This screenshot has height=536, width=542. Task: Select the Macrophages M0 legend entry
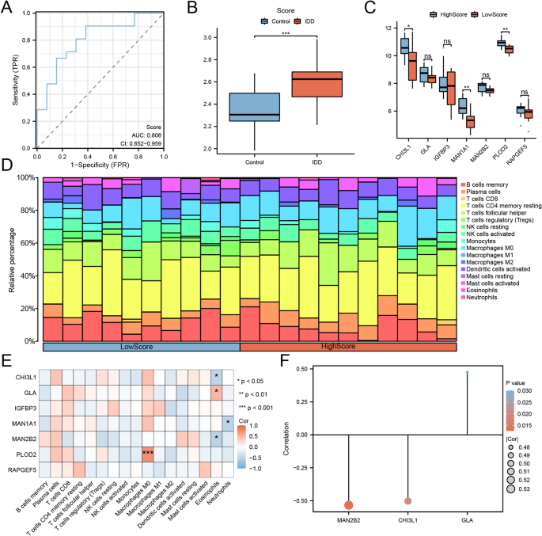tap(491, 249)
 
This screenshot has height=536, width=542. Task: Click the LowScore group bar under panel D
tap(141, 347)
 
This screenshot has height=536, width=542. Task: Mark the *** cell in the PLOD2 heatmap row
tap(148, 451)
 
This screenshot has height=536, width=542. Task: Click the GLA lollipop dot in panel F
tap(468, 371)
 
